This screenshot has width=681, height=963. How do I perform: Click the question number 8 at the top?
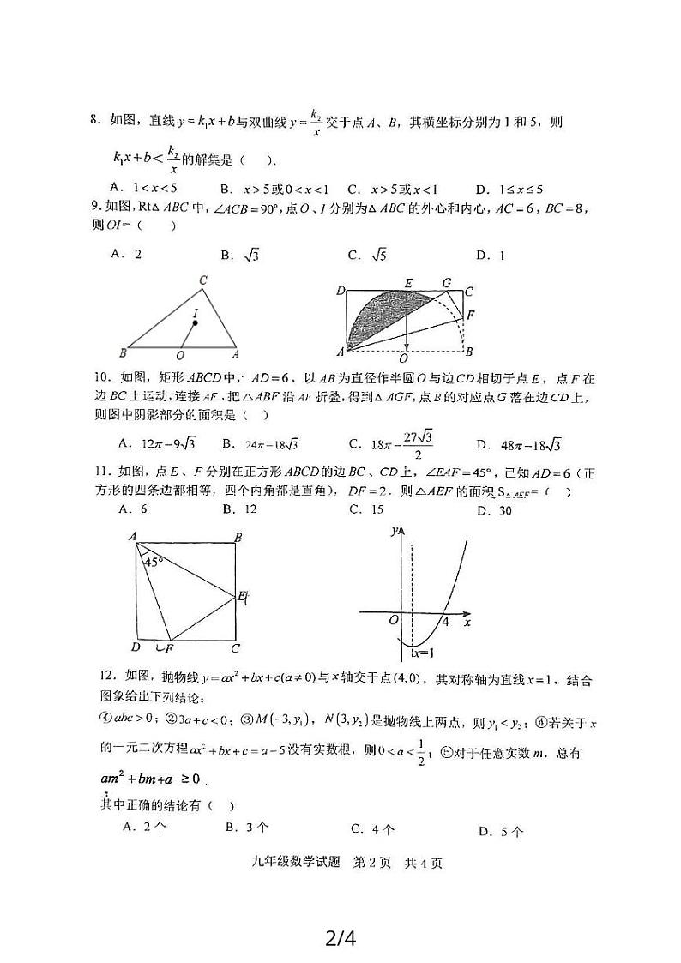pos(94,122)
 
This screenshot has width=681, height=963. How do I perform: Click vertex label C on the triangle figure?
pos(203,280)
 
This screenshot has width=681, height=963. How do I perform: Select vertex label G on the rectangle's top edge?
pos(446,282)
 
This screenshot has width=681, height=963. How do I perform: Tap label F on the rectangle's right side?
pos(469,315)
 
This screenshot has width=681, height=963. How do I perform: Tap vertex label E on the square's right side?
pos(242,595)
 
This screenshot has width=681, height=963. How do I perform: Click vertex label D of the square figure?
pos(136,647)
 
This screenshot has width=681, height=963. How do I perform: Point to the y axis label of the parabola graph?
pos(394,531)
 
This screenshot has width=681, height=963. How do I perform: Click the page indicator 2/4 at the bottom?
pos(340,937)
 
